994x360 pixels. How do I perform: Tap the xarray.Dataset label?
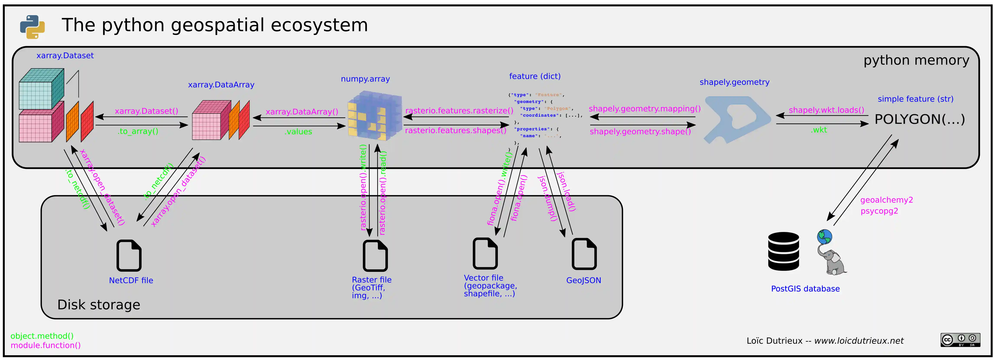65,56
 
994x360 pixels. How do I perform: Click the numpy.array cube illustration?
374,115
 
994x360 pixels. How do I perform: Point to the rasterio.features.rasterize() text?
459,111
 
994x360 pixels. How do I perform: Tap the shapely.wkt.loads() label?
826,110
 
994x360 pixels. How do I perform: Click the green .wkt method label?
819,130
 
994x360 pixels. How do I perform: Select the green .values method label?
298,131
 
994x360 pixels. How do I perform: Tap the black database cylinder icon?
783,251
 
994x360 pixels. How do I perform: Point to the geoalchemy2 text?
886,200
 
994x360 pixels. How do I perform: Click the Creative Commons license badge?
960,340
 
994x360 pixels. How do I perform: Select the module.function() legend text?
45,345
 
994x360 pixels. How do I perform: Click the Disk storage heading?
99,305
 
